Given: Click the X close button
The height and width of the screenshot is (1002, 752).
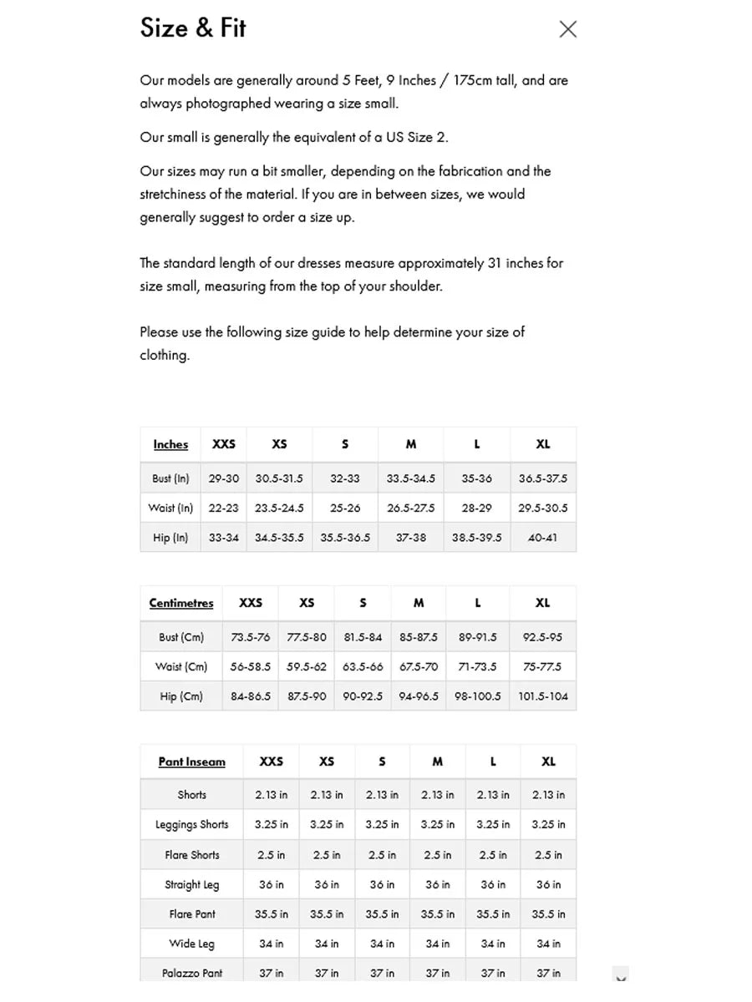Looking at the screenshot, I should tap(568, 29).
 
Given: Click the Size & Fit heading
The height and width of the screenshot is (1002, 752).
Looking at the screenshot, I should tap(193, 28).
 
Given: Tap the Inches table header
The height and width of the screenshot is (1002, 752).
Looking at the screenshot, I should tap(170, 444).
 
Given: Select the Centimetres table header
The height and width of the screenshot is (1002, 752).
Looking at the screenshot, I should tap(181, 603).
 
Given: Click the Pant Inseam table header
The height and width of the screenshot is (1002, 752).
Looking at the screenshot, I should tap(191, 762).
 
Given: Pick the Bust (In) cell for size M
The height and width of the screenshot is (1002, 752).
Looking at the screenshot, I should tap(410, 478).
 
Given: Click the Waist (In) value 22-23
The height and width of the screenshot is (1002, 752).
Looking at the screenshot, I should tap(223, 508).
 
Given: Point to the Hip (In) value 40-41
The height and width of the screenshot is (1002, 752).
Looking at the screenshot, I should tap(542, 538).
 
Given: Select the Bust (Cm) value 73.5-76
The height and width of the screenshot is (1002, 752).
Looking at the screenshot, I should tap(250, 637).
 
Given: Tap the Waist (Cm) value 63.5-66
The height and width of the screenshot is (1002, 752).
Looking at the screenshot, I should tap(363, 666).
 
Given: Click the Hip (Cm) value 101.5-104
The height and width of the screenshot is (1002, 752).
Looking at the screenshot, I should tap(542, 696).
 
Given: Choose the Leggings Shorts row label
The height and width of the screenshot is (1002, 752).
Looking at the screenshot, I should tap(191, 824).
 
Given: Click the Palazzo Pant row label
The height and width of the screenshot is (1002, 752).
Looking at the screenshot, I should tap(191, 973).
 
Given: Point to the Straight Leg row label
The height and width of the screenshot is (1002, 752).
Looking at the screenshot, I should tap(191, 884).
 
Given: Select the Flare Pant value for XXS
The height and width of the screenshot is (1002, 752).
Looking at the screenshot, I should tap(271, 913).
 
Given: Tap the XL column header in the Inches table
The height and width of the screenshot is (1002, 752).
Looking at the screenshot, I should tap(542, 444).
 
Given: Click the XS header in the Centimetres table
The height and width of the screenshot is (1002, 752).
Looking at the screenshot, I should tap(307, 603).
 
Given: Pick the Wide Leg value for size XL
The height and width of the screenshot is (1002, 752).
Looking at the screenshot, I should tap(548, 944).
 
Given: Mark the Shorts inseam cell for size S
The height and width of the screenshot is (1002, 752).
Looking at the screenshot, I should tap(382, 795).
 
